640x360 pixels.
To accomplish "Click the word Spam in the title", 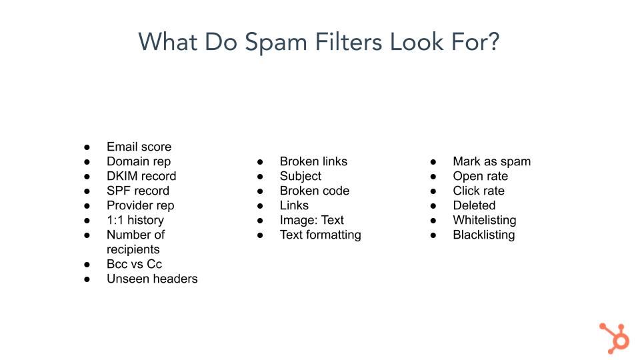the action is coord(276,43).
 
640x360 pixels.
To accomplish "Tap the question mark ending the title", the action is coord(493,41).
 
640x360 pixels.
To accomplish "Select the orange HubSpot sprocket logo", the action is coord(614,338).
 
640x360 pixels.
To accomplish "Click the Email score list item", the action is coord(139,147).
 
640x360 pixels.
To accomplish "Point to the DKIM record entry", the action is coord(141,176).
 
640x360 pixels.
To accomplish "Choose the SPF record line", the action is coord(138,191).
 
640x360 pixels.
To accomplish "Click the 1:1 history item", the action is coord(135,220).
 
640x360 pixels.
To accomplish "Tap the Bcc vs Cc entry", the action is coord(134,264).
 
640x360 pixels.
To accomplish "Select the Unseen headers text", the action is coord(152,279).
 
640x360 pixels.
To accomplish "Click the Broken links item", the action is coord(313,161).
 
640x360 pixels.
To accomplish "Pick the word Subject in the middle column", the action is coord(301,176).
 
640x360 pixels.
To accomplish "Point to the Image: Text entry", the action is coord(312,220).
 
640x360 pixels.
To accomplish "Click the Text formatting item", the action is coord(321,235).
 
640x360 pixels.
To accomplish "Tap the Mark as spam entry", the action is coord(492,161).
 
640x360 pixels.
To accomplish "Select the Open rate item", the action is coord(481,176).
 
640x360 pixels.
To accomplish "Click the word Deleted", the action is coord(474,205).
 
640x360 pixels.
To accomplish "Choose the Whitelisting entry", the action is coord(485,221).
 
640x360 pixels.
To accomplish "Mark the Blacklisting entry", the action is coord(484,235).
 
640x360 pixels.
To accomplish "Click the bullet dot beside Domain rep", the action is coord(87,162).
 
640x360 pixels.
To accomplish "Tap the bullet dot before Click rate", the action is coord(433,191).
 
